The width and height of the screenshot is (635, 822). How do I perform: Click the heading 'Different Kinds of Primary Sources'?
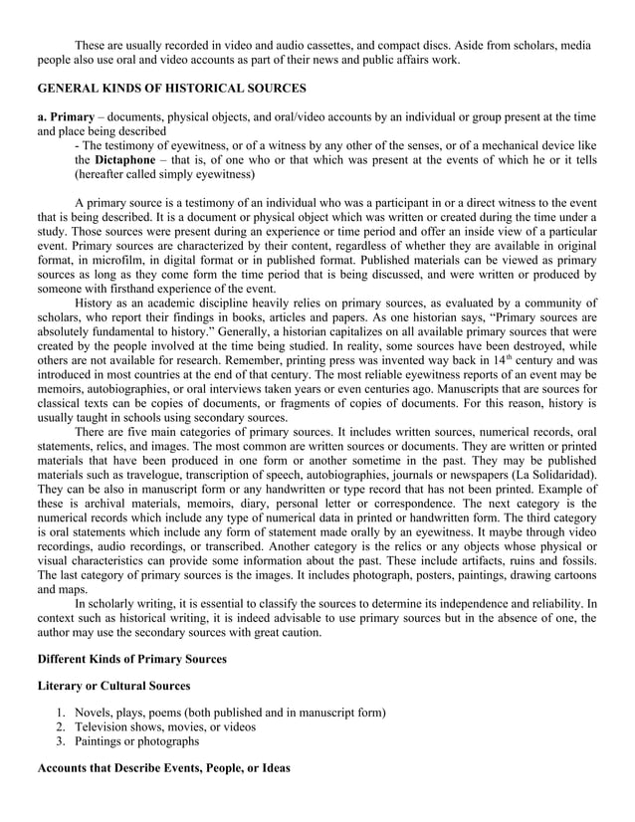point(131,659)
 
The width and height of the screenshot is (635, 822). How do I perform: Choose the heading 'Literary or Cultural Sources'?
point(112,688)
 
